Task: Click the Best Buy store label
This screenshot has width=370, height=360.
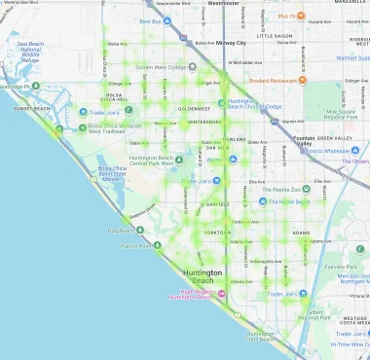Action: [x=150, y=20]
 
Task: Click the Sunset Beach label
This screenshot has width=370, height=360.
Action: [x=33, y=108]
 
